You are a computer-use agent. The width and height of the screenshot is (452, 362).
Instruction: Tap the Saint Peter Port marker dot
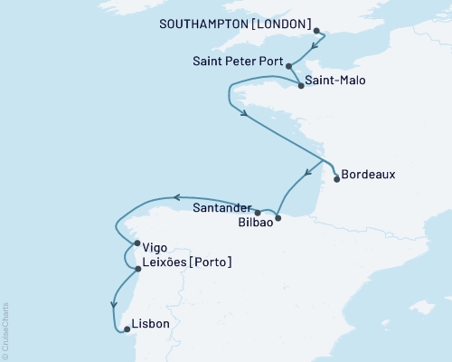[288, 65]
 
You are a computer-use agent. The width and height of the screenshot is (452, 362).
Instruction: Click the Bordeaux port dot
[337, 179]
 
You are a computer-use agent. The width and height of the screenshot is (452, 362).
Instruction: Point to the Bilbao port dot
[278, 217]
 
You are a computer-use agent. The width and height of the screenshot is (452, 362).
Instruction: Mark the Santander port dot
[258, 213]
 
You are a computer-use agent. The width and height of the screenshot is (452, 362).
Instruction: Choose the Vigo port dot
[137, 243]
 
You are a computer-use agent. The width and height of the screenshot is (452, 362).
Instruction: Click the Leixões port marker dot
[137, 269]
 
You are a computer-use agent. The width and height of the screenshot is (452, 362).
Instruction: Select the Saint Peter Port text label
[238, 63]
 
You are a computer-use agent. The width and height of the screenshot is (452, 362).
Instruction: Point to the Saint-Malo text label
[335, 81]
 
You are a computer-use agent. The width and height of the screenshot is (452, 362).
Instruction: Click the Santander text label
[221, 207]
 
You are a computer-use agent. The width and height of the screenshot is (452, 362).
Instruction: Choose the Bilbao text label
[252, 222]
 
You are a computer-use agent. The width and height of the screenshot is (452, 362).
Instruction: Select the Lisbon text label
[150, 321]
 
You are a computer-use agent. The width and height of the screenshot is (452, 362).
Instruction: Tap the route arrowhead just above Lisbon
[114, 305]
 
